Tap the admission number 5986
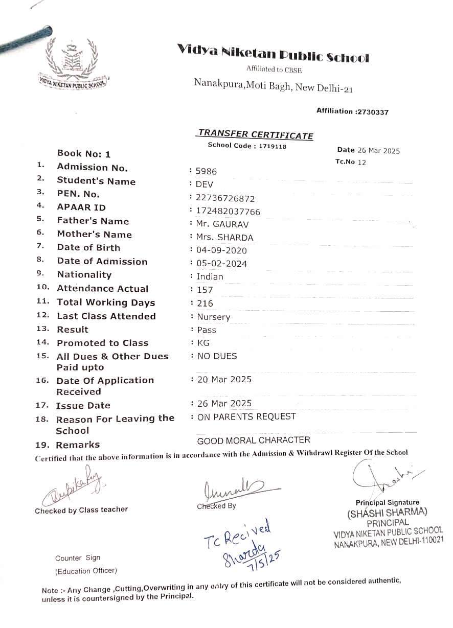pos(207,172)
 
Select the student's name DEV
pos(205,184)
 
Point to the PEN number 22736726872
pos(225,198)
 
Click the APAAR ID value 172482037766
pos(228,212)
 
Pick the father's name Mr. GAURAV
pos(222,224)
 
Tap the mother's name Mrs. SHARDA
pos(225,238)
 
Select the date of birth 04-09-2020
pos(222,250)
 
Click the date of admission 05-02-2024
pos(222,264)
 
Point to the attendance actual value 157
pos(205,290)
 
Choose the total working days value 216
pos(205,304)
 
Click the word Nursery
pos(214,317)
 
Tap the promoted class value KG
pos(203,343)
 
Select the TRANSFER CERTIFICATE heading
pos(256,134)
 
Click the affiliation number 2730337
pos(372,112)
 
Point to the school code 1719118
pos(272,146)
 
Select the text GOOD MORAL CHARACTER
pos(254,440)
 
